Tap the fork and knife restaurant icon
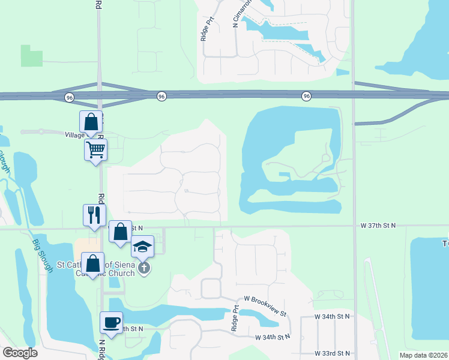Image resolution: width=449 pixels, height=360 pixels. point(94,215)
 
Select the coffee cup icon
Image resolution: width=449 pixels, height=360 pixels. point(111,322)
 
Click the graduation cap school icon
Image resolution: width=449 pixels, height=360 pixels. point(143,246)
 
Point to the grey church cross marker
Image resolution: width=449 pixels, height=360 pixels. point(143,268)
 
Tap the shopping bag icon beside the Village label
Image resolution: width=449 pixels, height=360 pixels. point(90,122)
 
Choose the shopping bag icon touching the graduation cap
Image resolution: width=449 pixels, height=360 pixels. point(120,231)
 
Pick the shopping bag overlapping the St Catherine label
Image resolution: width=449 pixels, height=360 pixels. point(93,263)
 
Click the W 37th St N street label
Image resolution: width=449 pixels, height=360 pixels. point(378,226)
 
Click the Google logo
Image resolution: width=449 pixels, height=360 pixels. point(20,353)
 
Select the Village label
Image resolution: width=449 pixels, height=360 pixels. point(74,135)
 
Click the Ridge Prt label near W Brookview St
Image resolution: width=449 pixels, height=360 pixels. point(235,320)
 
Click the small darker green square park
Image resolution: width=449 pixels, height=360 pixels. point(32,56)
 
